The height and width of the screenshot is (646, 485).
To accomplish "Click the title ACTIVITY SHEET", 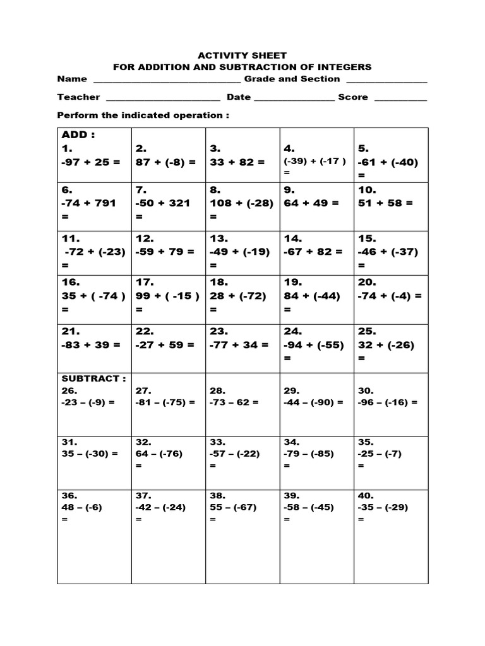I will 242,56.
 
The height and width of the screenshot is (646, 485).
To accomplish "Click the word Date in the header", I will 239,97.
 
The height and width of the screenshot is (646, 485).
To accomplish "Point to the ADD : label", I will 78,135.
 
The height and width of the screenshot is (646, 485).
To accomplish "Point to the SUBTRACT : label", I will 93,379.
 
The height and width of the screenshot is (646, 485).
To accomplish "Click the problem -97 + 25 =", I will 91,162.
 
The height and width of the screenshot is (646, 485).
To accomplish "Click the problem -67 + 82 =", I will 313,251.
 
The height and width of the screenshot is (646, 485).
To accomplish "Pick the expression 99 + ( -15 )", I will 167,296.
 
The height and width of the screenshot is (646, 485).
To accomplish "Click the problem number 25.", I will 367,331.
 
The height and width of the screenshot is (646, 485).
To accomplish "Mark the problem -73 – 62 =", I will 234,402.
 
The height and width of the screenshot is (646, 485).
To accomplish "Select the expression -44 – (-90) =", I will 314,402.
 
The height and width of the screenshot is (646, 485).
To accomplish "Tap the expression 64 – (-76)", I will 159,454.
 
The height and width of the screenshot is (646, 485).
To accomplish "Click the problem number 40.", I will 366,495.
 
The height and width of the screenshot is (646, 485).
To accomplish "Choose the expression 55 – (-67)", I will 234,507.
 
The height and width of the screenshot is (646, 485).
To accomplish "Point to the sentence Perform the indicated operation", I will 143,115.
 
